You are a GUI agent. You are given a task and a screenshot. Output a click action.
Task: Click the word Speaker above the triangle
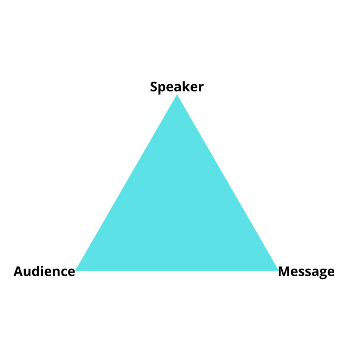coord(177,87)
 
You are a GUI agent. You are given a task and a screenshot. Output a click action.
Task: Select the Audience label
coord(44,271)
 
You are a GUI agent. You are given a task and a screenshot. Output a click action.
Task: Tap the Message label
coord(306,272)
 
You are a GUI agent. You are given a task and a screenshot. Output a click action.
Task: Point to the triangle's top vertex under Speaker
coord(177,95)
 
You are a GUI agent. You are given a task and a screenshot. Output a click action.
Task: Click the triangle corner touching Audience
coord(75,271)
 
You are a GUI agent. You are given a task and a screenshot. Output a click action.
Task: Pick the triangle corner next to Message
coord(278,271)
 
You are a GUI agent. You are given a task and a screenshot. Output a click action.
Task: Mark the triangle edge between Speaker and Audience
coord(126,183)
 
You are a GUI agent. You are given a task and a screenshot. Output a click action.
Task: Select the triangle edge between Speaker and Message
coord(227,183)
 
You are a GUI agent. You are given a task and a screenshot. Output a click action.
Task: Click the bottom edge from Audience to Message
coord(177,271)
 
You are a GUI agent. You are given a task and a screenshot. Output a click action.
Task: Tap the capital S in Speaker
coord(154,87)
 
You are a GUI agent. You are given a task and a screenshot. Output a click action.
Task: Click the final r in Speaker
coord(200,88)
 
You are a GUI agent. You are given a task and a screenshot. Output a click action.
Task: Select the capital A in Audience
coord(19,271)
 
